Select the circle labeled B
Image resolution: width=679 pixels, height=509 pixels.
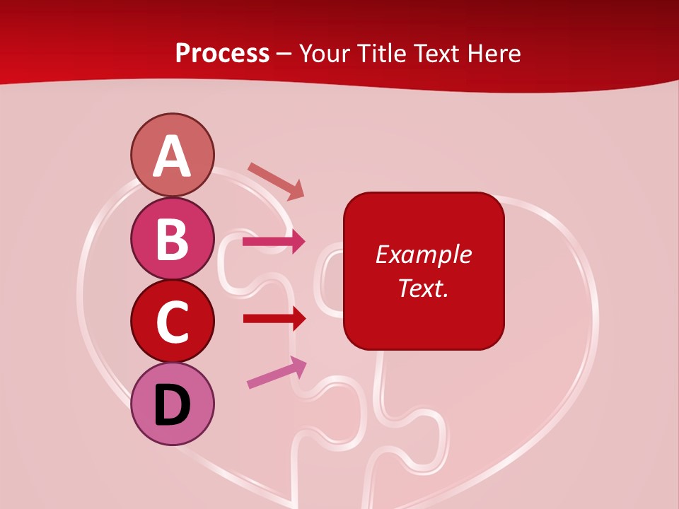click(172, 239)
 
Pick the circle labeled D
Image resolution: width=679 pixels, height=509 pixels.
click(172, 404)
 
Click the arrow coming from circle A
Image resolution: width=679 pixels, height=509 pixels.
click(276, 181)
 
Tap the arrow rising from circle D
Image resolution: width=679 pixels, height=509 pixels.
click(277, 373)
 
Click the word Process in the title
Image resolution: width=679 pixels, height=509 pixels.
click(222, 54)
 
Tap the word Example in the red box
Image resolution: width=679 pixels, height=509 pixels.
click(423, 255)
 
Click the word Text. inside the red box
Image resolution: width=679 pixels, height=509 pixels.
click(423, 288)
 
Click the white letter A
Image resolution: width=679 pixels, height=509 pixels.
click(172, 156)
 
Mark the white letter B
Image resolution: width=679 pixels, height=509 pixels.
click(172, 240)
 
